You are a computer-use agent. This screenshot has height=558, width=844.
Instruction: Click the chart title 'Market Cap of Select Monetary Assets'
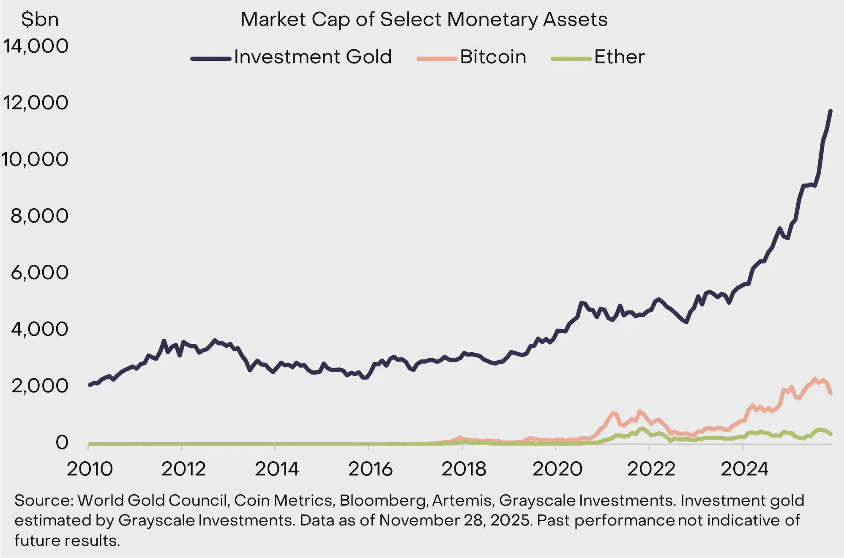click(x=423, y=19)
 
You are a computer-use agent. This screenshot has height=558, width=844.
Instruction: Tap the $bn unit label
click(x=40, y=19)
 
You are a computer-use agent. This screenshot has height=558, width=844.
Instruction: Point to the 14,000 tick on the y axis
click(x=36, y=46)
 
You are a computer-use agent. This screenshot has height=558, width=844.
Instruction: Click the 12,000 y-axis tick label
click(x=36, y=103)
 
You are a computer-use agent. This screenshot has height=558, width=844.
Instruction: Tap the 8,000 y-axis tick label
click(x=39, y=216)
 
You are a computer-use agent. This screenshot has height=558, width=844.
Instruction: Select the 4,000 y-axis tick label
click(x=39, y=329)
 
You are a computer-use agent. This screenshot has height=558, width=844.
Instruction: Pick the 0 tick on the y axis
click(x=62, y=442)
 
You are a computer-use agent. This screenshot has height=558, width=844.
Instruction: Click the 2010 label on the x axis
click(x=90, y=469)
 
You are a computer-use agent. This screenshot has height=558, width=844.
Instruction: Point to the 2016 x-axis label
click(x=370, y=469)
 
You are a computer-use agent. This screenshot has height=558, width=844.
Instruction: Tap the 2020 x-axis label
click(x=557, y=469)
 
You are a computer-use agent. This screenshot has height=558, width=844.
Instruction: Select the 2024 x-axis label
click(x=744, y=469)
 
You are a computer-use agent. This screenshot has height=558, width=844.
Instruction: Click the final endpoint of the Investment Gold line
click(x=830, y=111)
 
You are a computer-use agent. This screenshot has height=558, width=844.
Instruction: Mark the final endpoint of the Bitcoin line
click(x=830, y=393)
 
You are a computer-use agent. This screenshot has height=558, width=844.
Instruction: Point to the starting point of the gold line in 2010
click(x=90, y=385)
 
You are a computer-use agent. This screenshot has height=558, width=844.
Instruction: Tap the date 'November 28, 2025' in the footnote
click(x=455, y=520)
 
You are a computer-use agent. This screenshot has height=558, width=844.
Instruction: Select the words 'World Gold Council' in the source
click(x=153, y=501)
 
